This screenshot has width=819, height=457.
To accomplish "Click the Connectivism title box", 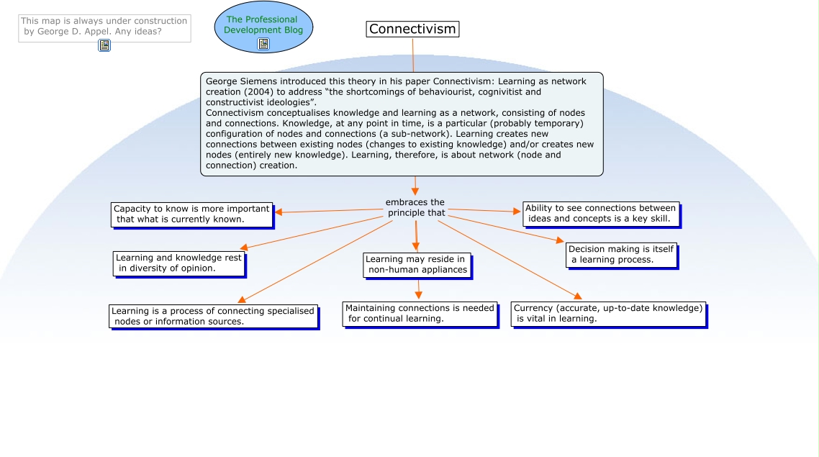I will (x=412, y=30).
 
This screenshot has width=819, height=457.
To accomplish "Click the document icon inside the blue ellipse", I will (x=263, y=44).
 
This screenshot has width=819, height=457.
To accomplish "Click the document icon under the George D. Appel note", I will (x=104, y=45).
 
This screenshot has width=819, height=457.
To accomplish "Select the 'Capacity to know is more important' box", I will (x=191, y=214).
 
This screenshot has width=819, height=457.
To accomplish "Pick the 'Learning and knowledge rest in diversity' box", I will (x=178, y=263).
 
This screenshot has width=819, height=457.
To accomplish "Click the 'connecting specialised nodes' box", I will (x=213, y=316).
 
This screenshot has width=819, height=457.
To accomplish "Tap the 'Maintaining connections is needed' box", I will (x=420, y=313).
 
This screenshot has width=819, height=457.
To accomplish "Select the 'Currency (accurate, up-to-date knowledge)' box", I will (x=607, y=313).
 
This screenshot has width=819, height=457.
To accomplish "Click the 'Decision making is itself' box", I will (x=620, y=254).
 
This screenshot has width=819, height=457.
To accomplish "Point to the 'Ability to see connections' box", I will (x=599, y=213).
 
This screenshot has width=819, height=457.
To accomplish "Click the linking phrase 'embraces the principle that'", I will (x=416, y=207).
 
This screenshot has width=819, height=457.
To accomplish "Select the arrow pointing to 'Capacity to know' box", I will (x=279, y=212).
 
